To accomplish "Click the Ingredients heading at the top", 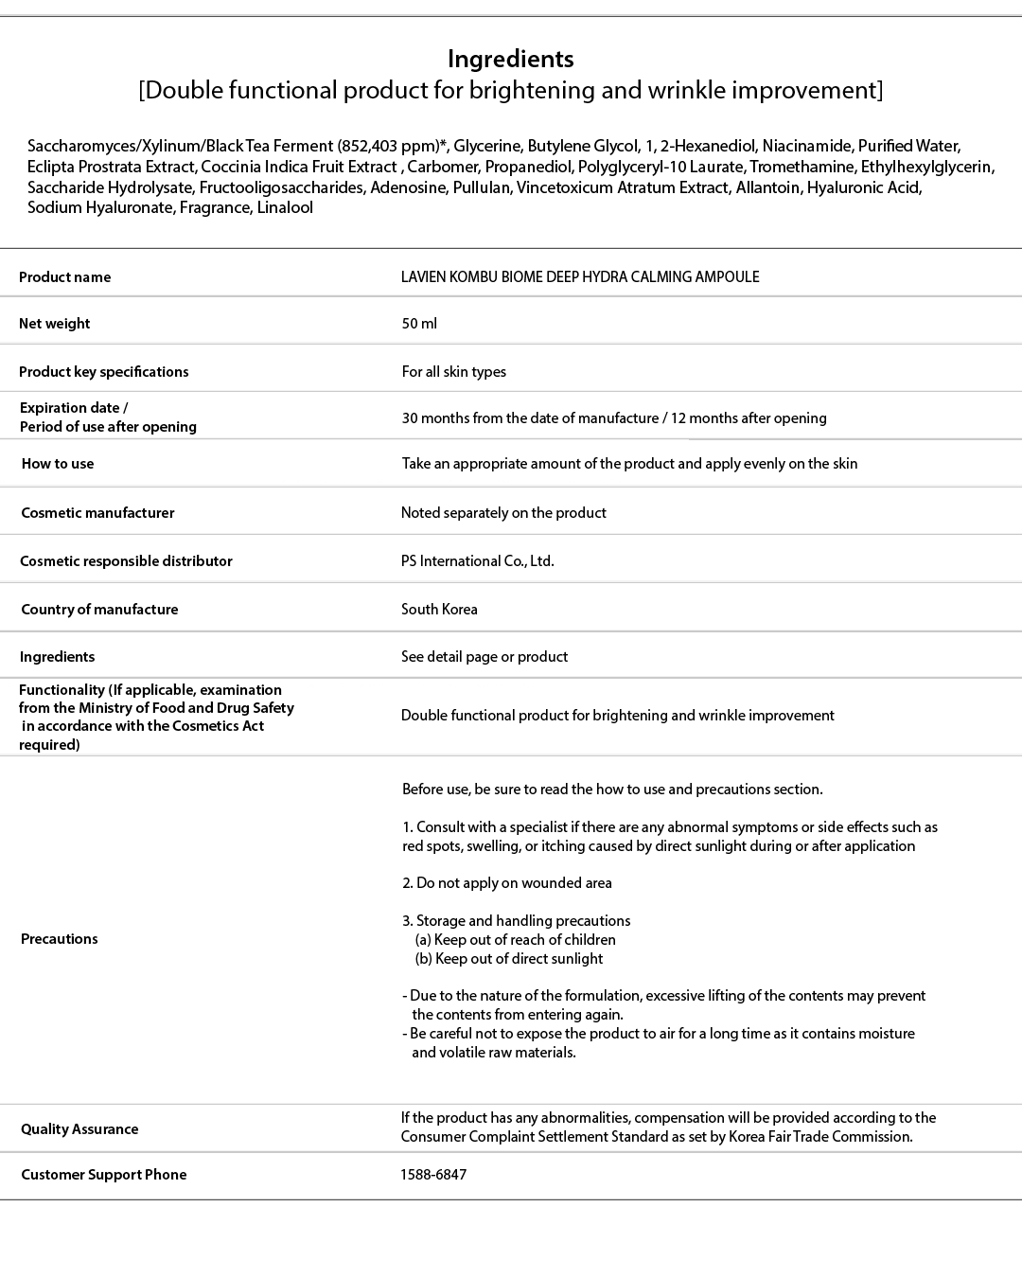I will pos(510,59).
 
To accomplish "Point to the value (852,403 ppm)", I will pos(392,146).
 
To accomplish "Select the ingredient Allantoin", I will pos(769,187).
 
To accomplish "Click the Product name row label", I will pos(64,277).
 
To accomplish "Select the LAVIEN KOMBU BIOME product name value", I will pos(579,277).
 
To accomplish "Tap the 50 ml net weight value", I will pos(419,324).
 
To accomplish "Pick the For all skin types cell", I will pos(453,372).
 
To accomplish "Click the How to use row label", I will pos(58,464).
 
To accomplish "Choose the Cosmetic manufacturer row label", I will pos(97,513).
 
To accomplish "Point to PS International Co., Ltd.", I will pos(477,561).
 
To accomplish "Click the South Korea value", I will pos(439,610).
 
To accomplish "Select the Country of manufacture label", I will pos(99,610).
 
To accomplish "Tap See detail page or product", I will pos(484,657).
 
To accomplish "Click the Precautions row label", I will pos(59,939).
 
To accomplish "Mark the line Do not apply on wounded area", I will pos(507,883).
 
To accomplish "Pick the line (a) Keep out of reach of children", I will pos(515,940).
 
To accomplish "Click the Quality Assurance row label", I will pos(79,1129).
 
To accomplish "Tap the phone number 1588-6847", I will pos(433,1175).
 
